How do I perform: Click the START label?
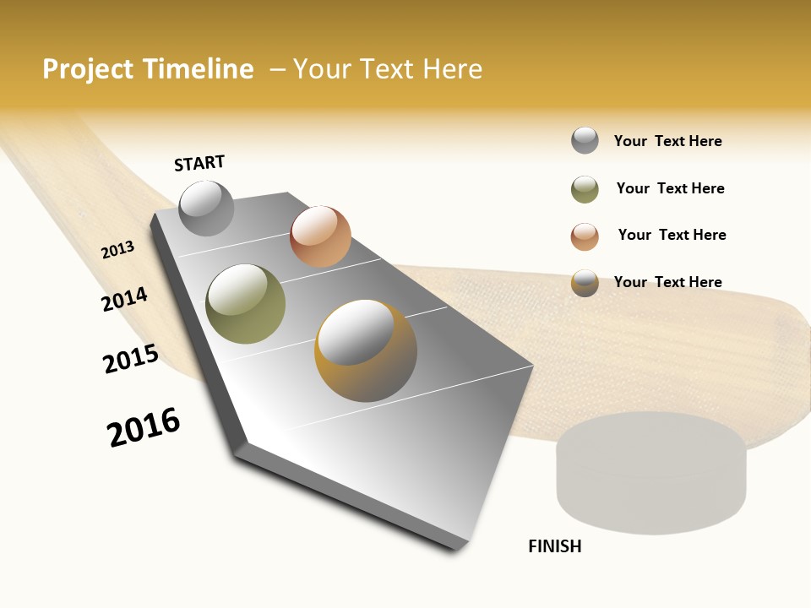click(199, 163)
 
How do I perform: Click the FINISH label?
click(555, 546)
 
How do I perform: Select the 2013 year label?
click(118, 250)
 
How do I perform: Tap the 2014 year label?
click(125, 299)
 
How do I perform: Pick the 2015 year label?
click(131, 359)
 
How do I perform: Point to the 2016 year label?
click(144, 427)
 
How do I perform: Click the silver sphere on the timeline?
click(207, 208)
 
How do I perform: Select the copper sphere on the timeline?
click(320, 236)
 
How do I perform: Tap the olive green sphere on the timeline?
click(246, 304)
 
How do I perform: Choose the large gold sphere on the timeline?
click(366, 350)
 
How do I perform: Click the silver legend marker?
click(585, 141)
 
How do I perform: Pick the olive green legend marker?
click(585, 189)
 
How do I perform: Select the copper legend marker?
click(585, 236)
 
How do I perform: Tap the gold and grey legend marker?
click(585, 283)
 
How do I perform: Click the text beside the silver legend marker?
click(667, 141)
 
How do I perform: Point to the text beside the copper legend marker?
click(672, 235)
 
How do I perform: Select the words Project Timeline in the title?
click(148, 69)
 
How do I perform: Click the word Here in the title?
click(452, 69)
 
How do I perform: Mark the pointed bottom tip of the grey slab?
click(456, 547)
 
